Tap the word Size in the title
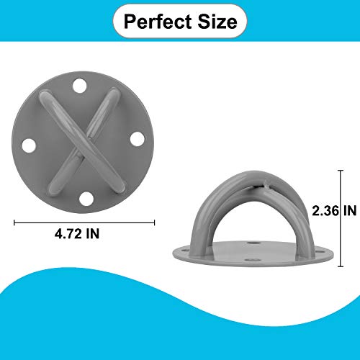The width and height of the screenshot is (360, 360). (x=218, y=22)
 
